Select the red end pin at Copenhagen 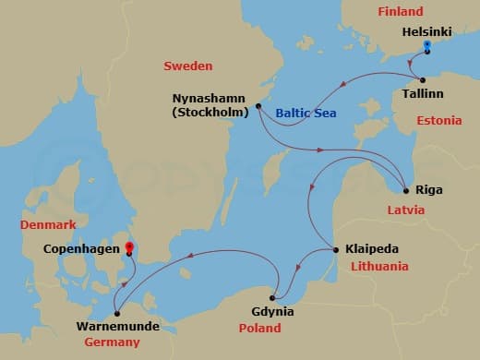[x=129, y=248]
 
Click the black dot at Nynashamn [x=258, y=106]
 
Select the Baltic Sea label [x=303, y=113]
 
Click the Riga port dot [x=406, y=191]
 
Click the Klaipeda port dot [x=333, y=249]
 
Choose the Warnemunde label [x=118, y=327]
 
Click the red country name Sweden [x=187, y=66]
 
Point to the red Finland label [x=400, y=11]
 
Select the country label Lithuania [x=380, y=266]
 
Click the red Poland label [x=259, y=328]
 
